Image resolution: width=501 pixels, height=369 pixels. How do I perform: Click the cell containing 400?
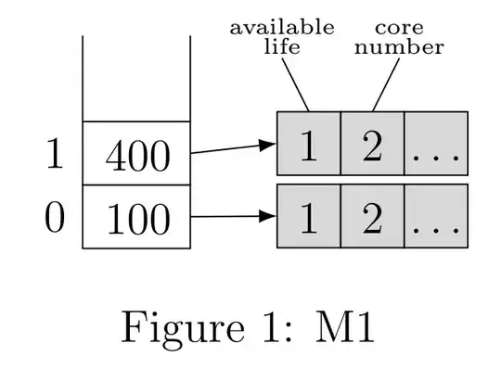coord(136,154)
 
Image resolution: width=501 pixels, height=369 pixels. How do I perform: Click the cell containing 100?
coord(136,218)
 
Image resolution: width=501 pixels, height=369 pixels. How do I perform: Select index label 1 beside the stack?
coord(54,155)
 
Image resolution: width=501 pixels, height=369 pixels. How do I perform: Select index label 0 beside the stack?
coord(54,218)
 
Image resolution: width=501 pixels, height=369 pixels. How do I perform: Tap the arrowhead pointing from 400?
coord(269,145)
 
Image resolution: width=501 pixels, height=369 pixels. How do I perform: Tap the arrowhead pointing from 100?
coord(269,216)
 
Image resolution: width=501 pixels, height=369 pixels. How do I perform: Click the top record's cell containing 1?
coord(309,145)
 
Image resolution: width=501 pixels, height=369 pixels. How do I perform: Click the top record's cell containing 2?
coord(372,145)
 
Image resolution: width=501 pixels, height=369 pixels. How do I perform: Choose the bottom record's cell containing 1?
coord(309,216)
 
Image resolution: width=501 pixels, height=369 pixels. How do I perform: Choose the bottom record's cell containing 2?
coord(372,216)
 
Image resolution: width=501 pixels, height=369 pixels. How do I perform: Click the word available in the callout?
coord(282,27)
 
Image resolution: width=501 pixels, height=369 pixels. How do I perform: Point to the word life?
coord(282,46)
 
